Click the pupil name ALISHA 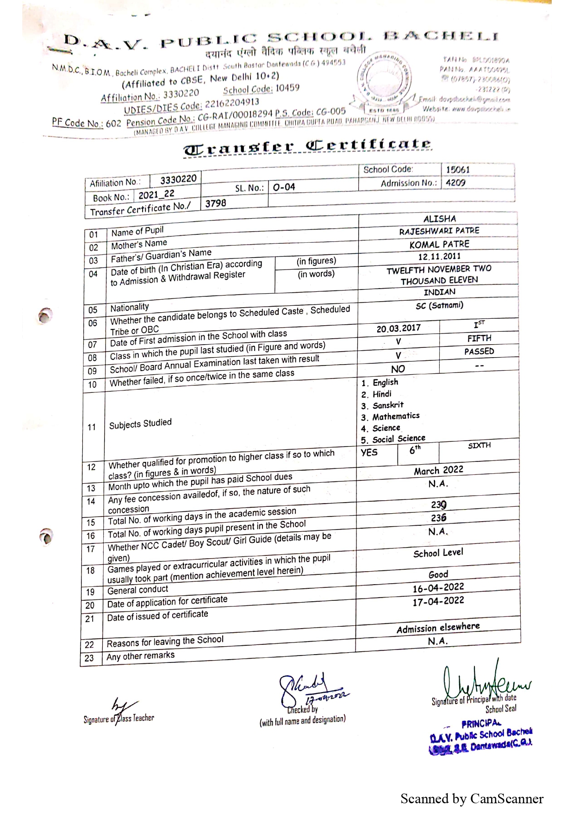439,219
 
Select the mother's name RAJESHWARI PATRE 439,231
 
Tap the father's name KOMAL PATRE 439,244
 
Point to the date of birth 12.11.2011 439,257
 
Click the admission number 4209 455,183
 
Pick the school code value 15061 457,170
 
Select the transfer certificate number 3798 216,203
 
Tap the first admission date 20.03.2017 398,328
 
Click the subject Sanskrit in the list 387,405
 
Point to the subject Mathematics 396,416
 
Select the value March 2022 438,470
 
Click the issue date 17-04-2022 438,601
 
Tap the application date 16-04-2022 438,588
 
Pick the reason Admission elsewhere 438,628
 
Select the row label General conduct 138,590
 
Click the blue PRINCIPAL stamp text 481,724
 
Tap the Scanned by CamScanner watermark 472,799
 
